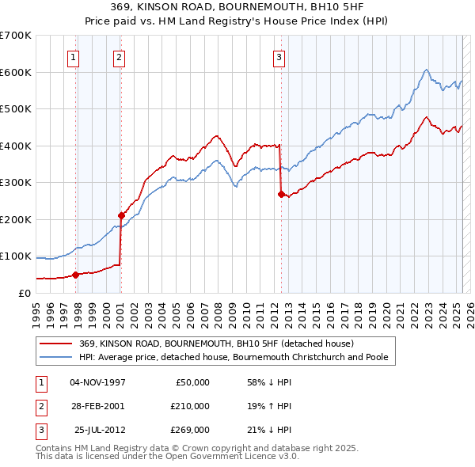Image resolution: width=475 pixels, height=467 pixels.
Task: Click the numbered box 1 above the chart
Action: click(x=73, y=56)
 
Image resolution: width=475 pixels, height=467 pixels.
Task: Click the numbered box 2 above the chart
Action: click(x=118, y=56)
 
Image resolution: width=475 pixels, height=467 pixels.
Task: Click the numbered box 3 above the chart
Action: click(x=279, y=56)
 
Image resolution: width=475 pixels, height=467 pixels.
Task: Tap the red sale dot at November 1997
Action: click(x=76, y=275)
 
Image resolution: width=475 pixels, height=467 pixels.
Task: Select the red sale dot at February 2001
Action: click(x=121, y=215)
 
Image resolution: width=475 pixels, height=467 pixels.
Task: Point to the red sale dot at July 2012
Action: click(x=281, y=194)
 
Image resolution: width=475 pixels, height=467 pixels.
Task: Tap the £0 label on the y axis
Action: click(x=23, y=293)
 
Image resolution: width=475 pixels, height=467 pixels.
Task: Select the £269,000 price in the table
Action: click(x=190, y=430)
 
